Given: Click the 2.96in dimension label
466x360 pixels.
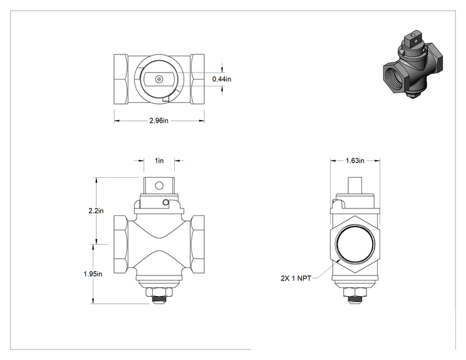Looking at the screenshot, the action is coord(158,121).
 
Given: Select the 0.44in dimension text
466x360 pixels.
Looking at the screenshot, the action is coord(222,79).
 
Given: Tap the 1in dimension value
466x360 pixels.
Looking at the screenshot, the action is coord(159,161).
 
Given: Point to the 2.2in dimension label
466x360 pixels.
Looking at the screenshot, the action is coord(96,211).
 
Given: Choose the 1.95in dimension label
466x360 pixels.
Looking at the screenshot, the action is coord(93,274).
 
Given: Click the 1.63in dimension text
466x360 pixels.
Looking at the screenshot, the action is coord(355,161).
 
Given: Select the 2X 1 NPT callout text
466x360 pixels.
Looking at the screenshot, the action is coord(296,279).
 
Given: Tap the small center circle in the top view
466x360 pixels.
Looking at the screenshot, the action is coord(159,79).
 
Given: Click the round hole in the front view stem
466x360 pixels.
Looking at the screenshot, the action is coord(159,186).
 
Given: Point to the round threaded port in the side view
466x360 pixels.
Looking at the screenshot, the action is coord(355,244).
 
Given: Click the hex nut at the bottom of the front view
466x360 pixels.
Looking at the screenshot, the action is coord(159,292).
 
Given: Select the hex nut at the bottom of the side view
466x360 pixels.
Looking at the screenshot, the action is coord(355,292).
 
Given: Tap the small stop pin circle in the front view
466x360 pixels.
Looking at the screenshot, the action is coord(165,203).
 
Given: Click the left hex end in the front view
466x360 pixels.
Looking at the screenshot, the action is coord(122,244).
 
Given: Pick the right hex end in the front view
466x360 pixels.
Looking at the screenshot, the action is coord(197,244).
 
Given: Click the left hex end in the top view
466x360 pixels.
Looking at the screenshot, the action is coord(122,79).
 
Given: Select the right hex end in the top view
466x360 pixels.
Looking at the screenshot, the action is coord(197,79).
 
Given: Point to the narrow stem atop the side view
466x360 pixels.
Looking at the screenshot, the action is coord(355,186).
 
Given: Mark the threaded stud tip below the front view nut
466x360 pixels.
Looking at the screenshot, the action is coord(159,301).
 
